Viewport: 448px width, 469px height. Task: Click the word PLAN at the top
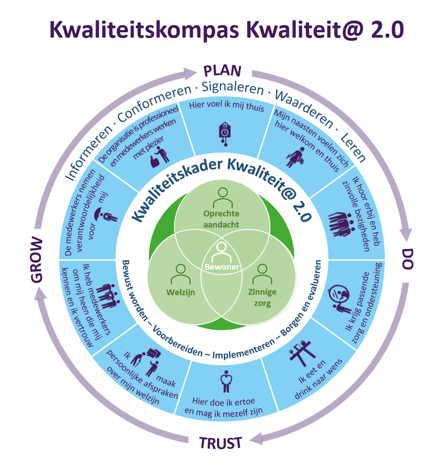point(223,71)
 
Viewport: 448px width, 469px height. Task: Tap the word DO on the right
point(406,258)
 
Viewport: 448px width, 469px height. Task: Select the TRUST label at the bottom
point(221,443)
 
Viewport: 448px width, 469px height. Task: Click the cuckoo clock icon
point(223,133)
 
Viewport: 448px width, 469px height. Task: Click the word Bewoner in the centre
point(222,267)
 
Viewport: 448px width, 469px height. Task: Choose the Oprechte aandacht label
point(221,218)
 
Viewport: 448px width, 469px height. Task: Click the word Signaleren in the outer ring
point(233,87)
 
